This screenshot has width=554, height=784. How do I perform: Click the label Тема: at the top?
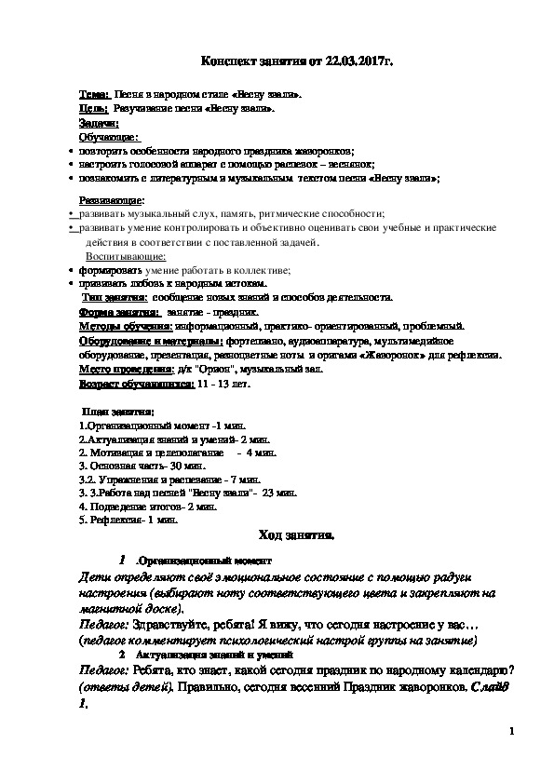click(x=94, y=95)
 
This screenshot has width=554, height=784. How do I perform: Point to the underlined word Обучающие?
click(x=108, y=137)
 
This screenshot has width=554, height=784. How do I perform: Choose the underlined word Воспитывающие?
click(x=128, y=256)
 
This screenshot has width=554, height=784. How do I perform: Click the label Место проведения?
click(x=127, y=369)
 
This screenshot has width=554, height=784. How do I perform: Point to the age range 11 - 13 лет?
click(x=224, y=383)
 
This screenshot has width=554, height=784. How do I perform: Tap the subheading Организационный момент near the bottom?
click(x=204, y=561)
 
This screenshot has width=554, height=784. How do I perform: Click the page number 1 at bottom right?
click(x=511, y=732)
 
